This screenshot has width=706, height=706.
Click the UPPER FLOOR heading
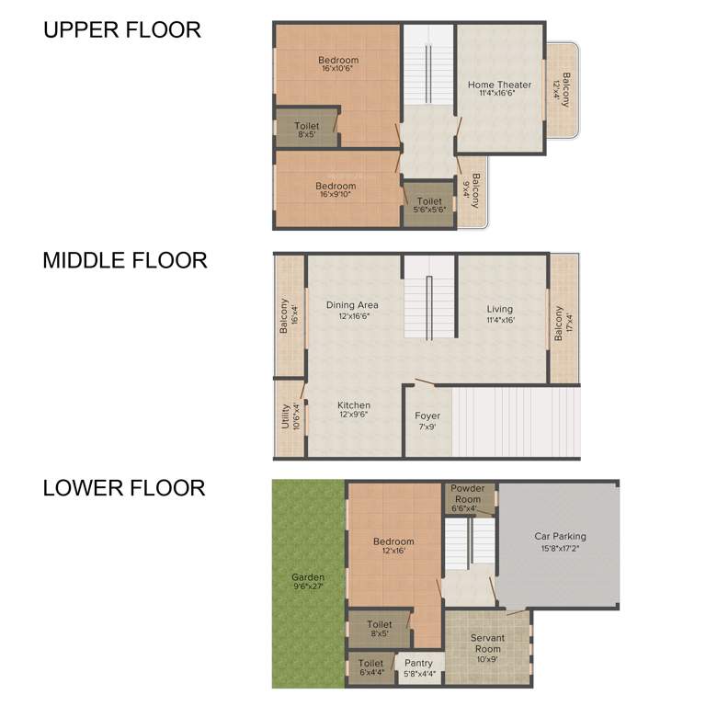coord(121,29)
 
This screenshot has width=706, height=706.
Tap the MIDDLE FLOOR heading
coord(125,260)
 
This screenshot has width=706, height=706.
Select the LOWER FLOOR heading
coord(124,487)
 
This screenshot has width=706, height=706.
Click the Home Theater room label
coord(499,85)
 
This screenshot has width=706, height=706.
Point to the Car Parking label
coord(560,536)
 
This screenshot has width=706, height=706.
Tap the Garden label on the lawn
coord(308,577)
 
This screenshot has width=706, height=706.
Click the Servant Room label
coord(487,637)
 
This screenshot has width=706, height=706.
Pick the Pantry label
coord(418,663)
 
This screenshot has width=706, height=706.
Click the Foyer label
coord(427,416)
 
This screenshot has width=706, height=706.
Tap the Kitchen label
coord(353,405)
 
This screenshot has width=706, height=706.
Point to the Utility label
coord(286,417)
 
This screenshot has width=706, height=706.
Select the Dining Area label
coord(352,305)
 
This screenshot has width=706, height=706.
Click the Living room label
coord(500,309)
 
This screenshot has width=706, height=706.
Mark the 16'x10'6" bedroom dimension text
coord(339,69)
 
